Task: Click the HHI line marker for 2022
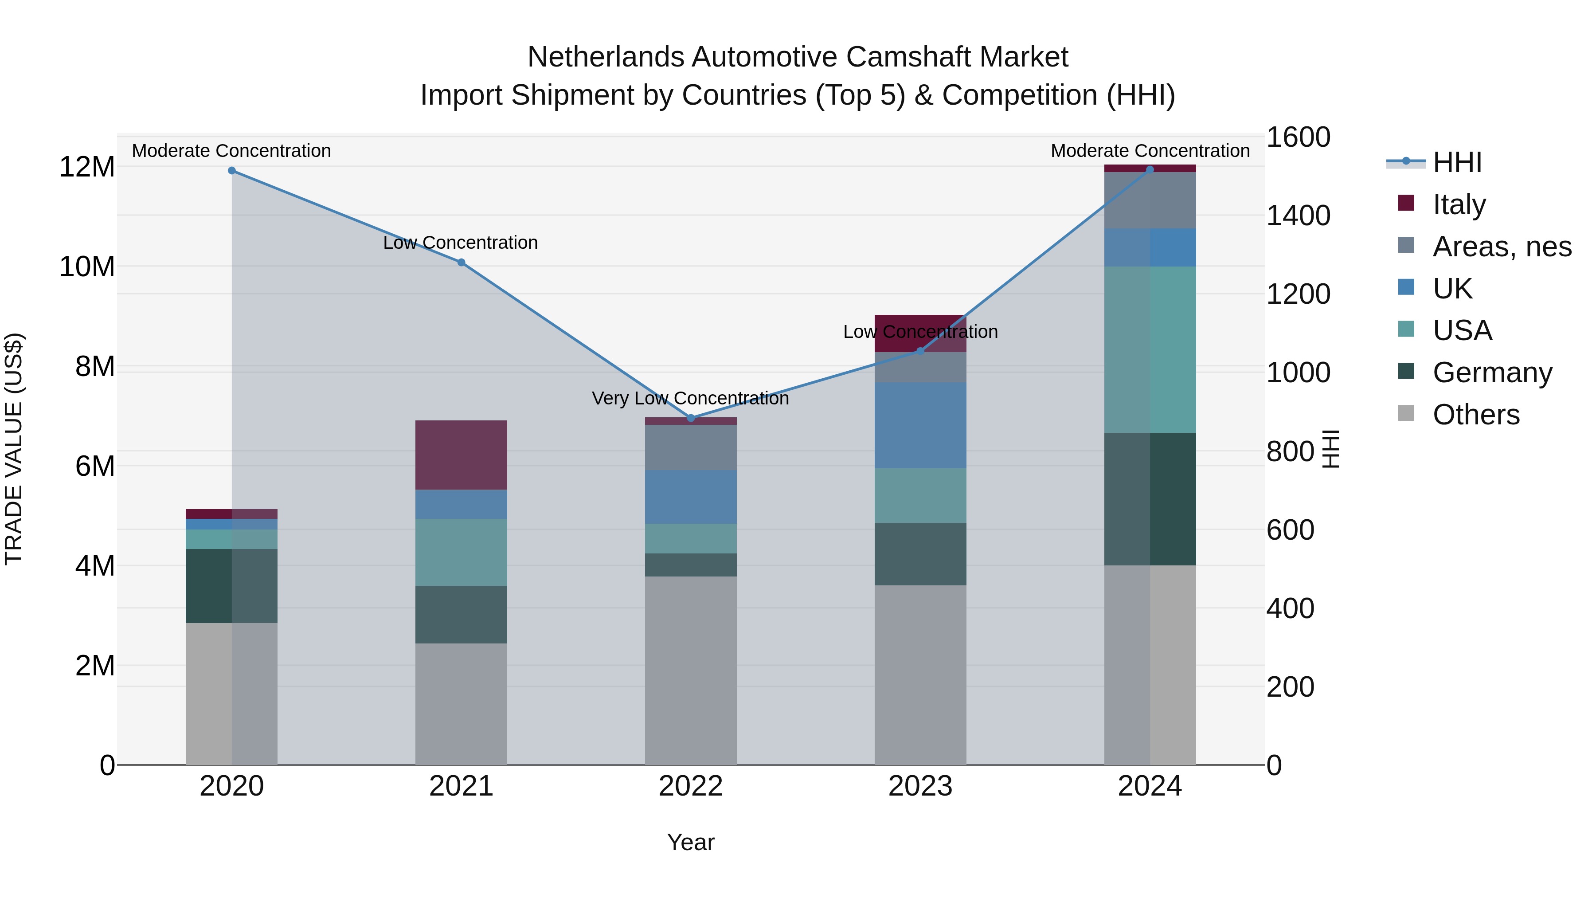coord(691,418)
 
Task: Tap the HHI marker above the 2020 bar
coord(232,170)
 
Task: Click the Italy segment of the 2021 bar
coord(461,455)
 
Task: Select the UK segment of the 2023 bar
coord(920,425)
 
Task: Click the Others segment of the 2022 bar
coord(691,671)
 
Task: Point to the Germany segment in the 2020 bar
coord(232,586)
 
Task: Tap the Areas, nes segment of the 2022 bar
coord(691,447)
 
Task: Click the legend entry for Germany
coord(1492,373)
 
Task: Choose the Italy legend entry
coord(1459,204)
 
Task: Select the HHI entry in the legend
coord(1456,162)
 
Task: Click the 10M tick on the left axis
coord(87,267)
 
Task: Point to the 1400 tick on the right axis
coord(1298,216)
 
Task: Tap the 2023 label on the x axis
coord(920,786)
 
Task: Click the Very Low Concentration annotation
coord(690,399)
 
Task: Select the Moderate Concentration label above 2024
coord(1150,151)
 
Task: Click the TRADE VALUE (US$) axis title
coord(14,449)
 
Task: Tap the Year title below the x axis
coord(690,842)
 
